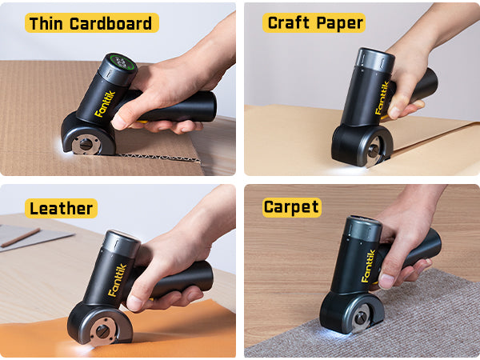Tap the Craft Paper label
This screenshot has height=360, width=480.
(x=314, y=22)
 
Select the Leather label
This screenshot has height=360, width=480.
(x=62, y=209)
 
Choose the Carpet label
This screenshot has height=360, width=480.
(x=292, y=208)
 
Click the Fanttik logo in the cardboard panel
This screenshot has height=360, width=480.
(x=105, y=104)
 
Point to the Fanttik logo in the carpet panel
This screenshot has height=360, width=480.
(x=369, y=266)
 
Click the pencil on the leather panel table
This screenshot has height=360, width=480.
(x=20, y=237)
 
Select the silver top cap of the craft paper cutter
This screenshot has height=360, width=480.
(x=373, y=59)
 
